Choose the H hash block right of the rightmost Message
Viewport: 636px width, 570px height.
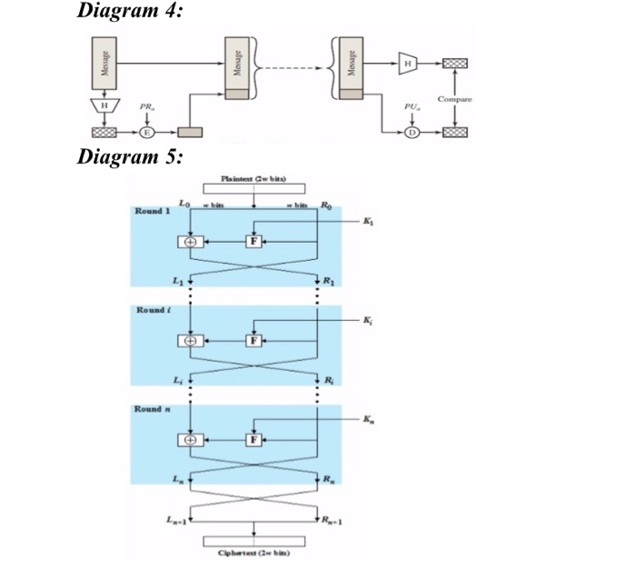409,63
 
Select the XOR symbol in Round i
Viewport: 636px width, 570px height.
190,340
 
